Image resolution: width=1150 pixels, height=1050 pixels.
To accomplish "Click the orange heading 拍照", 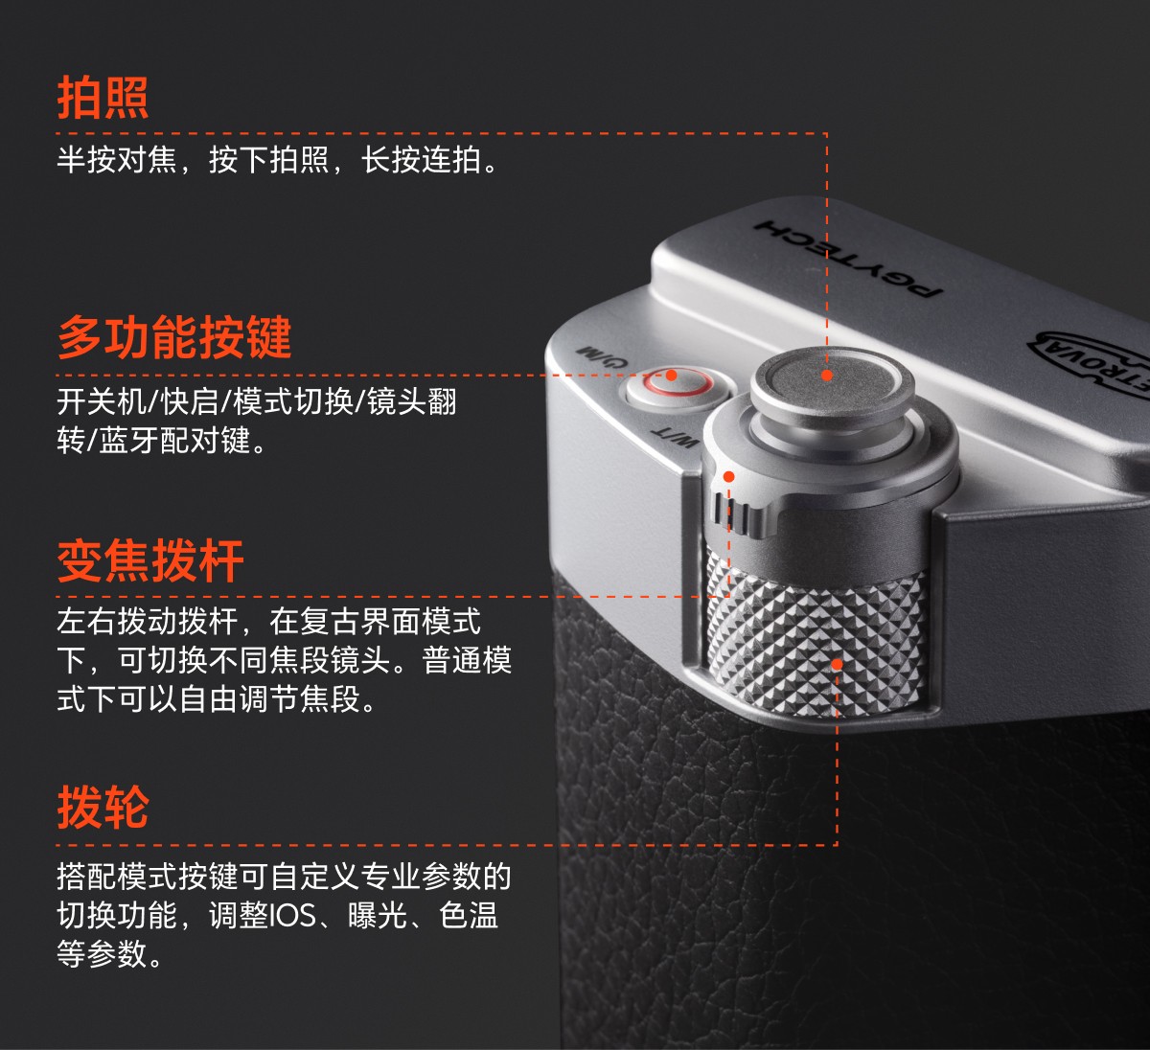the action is coord(103,98).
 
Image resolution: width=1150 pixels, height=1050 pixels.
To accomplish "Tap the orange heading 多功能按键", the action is coord(174,337).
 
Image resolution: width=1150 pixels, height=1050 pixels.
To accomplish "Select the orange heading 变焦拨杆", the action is coord(150,561).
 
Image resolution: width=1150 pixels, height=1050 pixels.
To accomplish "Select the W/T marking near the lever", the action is coord(675,439).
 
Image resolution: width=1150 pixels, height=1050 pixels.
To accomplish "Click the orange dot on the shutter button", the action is coord(827,375).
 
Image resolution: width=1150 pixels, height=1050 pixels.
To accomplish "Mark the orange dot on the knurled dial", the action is coord(837,664).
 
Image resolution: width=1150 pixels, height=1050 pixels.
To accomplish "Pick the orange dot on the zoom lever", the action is coord(729,477).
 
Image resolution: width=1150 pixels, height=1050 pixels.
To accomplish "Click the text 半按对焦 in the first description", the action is coord(117,159).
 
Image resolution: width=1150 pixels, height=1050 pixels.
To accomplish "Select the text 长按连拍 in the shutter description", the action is coord(422,159).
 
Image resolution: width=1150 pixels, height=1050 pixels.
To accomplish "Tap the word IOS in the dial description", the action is coord(292,915).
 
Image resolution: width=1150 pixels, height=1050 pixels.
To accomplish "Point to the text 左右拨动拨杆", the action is coord(148,622).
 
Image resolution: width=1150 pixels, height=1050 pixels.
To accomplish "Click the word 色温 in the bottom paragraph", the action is coord(469,915).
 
